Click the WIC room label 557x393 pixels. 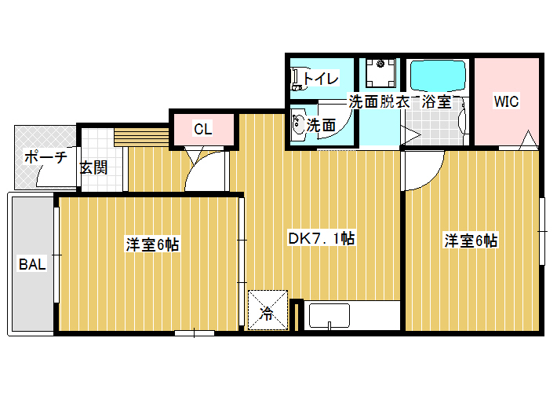coord(506,101)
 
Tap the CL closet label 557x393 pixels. coord(203,129)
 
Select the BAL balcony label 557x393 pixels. coord(32,265)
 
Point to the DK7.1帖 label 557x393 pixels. coord(321,238)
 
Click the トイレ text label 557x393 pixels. coord(321,79)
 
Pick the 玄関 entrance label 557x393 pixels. coord(94,167)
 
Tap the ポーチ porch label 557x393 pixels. coord(46,157)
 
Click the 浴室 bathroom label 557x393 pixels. coord(436,102)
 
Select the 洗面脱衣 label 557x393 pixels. coord(379,102)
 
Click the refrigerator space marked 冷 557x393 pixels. coord(268,310)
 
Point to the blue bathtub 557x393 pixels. coord(438,75)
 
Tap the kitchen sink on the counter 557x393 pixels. coord(329,315)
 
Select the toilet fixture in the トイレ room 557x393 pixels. coord(297,79)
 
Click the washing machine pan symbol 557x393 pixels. coord(380,73)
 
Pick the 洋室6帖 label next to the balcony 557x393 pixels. coord(152,244)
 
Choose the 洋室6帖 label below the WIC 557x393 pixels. coord(471,241)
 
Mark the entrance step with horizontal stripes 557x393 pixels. coord(141,137)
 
